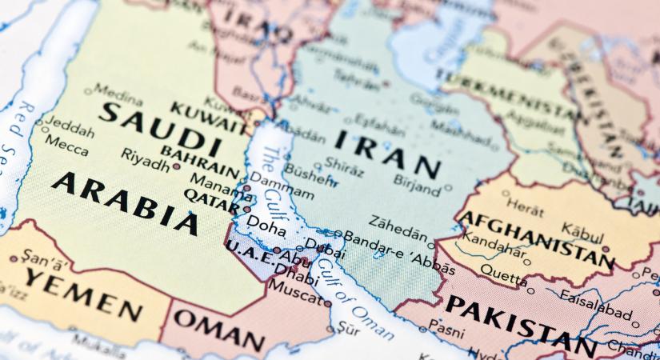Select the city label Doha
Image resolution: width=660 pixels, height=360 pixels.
click(266, 228)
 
